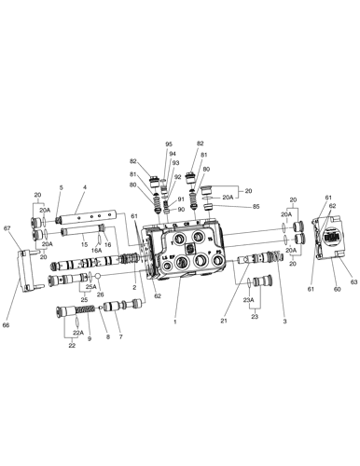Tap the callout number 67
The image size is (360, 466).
click(7, 228)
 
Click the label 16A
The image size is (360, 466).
click(96, 251)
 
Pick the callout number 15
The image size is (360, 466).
click(83, 245)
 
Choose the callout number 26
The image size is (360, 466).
click(100, 294)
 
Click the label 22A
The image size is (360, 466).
click(77, 333)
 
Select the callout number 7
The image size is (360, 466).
click(119, 336)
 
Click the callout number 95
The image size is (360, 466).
click(169, 144)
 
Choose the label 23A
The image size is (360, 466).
click(247, 299)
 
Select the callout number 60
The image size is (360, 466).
click(337, 290)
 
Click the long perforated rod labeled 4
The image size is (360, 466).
click(92, 224)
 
